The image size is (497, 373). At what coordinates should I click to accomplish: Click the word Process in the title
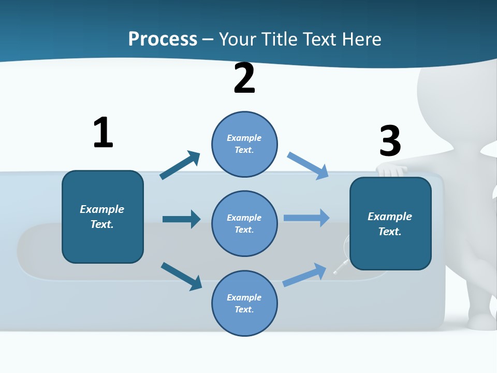coord(163,39)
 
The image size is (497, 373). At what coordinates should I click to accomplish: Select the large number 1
coord(103,133)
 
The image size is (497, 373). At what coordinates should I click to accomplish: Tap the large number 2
coord(244,78)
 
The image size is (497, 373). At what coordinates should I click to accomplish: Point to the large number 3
coord(390,141)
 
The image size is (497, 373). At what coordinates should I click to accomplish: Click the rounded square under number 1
coord(103,217)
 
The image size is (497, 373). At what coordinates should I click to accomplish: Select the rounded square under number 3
coord(390,223)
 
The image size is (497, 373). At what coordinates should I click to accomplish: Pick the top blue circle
coord(244,144)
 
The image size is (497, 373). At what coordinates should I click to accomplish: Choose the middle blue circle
coord(244,223)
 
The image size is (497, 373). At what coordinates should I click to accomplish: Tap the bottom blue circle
coord(244,303)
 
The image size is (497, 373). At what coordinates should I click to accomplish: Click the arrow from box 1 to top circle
coord(180,165)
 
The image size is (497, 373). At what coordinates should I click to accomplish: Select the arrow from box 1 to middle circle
coord(181,219)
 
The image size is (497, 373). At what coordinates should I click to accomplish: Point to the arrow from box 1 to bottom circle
coord(181,276)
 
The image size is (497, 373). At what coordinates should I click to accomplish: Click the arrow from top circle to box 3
coord(308,165)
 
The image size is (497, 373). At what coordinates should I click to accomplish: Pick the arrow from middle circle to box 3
coord(306,218)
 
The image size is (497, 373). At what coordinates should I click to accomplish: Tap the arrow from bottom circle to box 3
coord(305,275)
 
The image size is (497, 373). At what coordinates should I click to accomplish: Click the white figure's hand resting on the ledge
coord(391,170)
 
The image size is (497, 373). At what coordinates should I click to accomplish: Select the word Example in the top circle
coord(244,138)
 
